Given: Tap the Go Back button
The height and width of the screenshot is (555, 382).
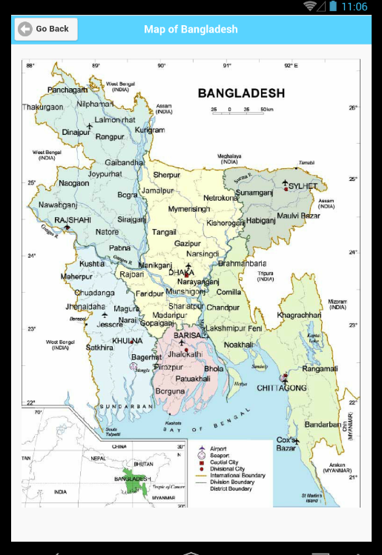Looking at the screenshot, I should pyautogui.click(x=46, y=29).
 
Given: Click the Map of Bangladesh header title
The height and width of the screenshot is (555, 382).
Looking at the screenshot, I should pyautogui.click(x=191, y=29).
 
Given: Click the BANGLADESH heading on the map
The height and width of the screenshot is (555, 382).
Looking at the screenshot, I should pyautogui.click(x=240, y=93).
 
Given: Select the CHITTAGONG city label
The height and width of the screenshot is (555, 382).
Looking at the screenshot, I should pyautogui.click(x=282, y=388).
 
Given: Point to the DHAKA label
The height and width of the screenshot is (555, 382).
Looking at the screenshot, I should pyautogui.click(x=181, y=273).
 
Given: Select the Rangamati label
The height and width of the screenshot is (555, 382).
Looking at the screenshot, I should pyautogui.click(x=320, y=368).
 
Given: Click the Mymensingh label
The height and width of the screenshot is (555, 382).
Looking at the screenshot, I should pyautogui.click(x=190, y=209).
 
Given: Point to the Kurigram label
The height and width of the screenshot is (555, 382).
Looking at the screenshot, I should pyautogui.click(x=150, y=130).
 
